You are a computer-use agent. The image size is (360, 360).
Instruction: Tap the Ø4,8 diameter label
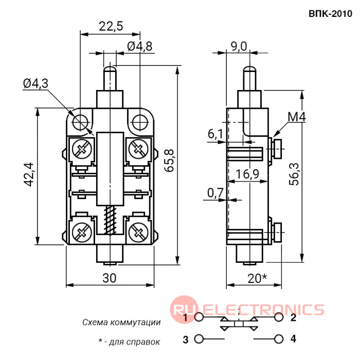(139, 46)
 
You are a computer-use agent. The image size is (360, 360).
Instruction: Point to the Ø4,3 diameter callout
(35, 83)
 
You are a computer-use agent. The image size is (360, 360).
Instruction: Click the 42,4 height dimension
(29, 175)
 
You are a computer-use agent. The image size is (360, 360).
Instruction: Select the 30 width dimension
(109, 278)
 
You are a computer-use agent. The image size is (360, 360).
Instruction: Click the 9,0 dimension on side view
(239, 46)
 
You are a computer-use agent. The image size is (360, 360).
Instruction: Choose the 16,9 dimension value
(247, 174)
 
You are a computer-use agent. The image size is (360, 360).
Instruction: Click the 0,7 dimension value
(215, 193)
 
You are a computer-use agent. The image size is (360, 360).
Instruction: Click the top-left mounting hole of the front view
(80, 122)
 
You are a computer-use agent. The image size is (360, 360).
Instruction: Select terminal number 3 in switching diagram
(186, 339)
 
